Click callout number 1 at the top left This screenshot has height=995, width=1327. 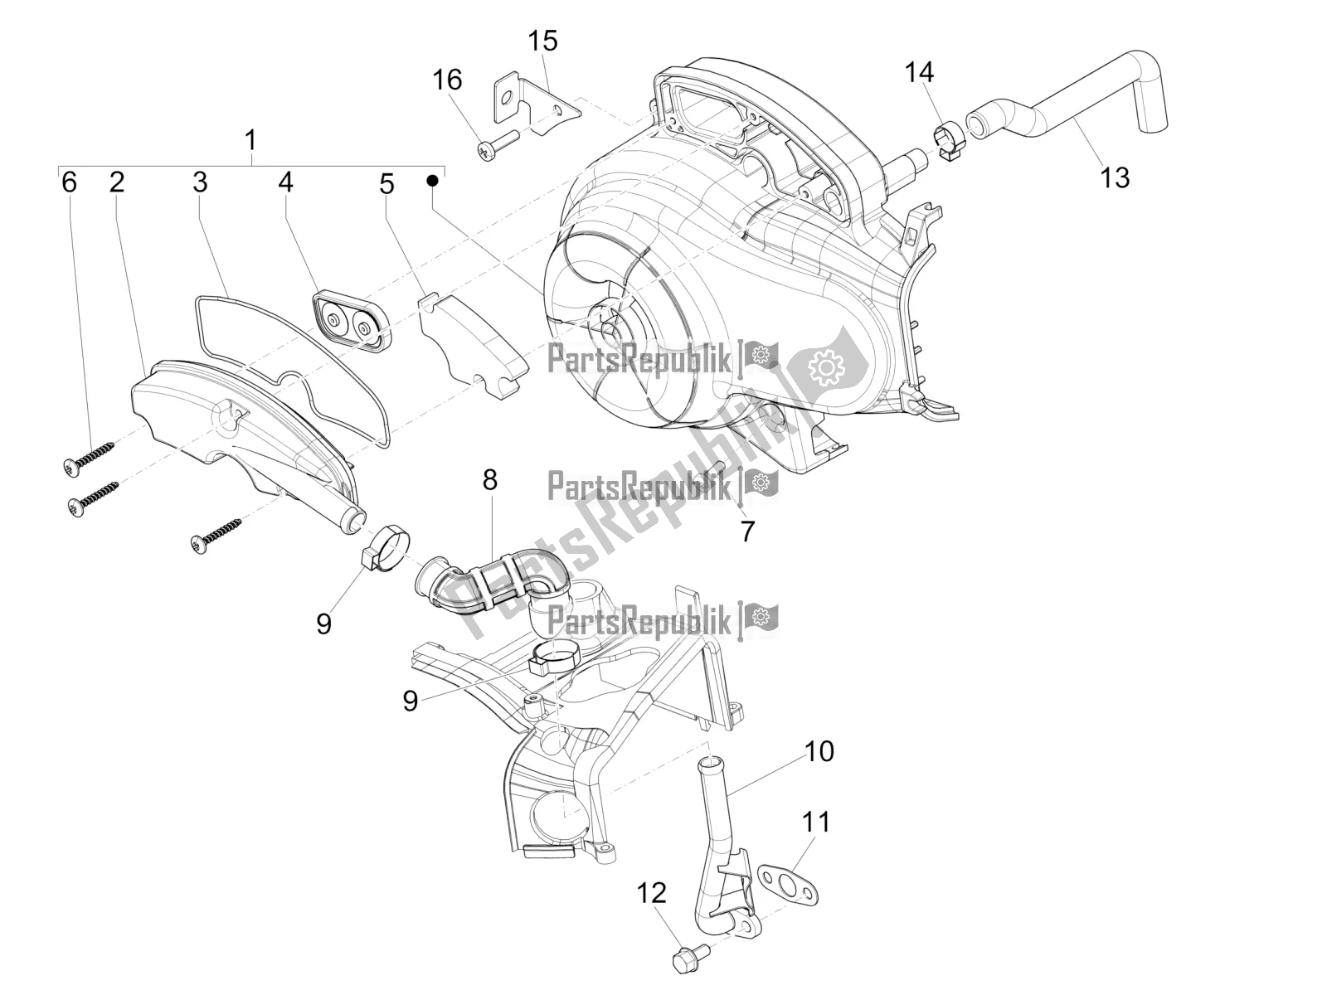point(250,139)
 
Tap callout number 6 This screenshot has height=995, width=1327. point(70,182)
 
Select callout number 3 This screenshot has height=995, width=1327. point(200,182)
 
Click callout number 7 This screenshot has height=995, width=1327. point(747,531)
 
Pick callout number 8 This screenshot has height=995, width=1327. point(490,479)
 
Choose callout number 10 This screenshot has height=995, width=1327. point(819,751)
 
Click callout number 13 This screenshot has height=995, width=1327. point(1115,177)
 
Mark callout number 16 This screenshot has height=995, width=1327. point(447,80)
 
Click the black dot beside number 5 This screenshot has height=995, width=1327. point(431,180)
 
